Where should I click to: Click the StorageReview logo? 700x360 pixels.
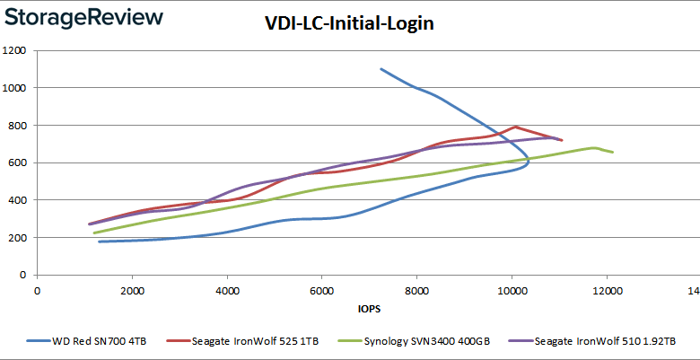[x=83, y=17]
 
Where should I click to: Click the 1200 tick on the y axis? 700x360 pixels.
[x=16, y=50]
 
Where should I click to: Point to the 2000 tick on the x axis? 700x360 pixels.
[x=132, y=291]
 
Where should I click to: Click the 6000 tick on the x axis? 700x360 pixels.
[x=322, y=291]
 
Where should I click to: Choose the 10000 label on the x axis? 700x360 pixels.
[x=512, y=291]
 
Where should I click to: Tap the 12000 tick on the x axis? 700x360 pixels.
[x=607, y=291]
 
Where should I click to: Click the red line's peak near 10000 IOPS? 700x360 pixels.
[x=515, y=127]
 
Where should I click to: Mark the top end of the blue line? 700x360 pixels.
[x=381, y=68]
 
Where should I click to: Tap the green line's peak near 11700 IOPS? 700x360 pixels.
[x=593, y=147]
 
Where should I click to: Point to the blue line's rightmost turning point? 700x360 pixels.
[x=529, y=162]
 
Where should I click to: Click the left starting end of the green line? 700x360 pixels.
[x=93, y=233]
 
